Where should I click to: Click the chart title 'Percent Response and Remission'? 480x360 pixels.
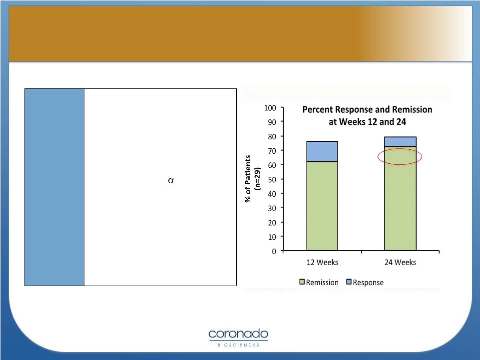click(367, 109)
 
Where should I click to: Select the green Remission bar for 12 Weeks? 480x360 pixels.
click(322, 206)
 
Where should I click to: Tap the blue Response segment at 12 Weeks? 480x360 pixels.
click(322, 151)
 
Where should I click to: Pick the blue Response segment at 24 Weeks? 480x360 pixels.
click(400, 142)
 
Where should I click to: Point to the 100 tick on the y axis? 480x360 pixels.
click(270, 108)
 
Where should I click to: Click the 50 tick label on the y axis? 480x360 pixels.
click(272, 179)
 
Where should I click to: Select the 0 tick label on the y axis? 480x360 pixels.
click(274, 251)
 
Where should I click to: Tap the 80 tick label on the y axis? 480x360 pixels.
click(272, 136)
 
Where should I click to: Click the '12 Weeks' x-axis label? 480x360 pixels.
click(322, 262)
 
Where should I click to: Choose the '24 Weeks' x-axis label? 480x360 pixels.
click(400, 262)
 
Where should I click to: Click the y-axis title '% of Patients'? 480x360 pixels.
click(248, 179)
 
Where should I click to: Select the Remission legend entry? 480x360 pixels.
click(319, 282)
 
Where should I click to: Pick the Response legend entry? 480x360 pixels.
click(365, 282)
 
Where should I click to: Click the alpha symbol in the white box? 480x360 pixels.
click(171, 180)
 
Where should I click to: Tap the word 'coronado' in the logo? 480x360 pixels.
click(238, 334)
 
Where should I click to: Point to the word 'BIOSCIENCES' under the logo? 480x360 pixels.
click(238, 345)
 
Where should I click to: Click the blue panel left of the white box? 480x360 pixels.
click(54, 187)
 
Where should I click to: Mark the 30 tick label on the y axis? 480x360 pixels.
click(272, 208)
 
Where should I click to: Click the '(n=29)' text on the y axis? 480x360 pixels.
click(258, 179)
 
